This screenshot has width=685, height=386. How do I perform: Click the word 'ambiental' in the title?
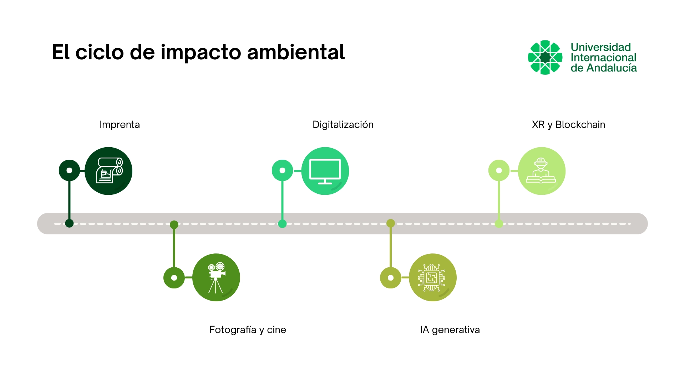point(296,52)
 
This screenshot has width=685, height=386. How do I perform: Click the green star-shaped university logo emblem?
point(545,57)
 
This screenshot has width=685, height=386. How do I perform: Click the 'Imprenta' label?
point(120,125)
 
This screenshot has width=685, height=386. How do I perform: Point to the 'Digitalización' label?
point(343,125)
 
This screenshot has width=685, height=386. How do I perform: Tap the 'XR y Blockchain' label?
point(568,125)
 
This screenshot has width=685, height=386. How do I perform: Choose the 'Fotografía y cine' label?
point(247,330)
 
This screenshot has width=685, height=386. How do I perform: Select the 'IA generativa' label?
point(450,330)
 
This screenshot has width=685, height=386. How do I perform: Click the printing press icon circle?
point(108,171)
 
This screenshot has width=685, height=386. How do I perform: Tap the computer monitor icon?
point(325,171)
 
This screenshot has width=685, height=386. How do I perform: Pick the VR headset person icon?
point(541,171)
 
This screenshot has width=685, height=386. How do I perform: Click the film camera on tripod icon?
point(216,277)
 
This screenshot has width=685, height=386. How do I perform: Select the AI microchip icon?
point(432,277)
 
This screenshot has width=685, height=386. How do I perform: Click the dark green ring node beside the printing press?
point(69,170)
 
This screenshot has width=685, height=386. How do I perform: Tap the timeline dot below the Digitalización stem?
point(282,224)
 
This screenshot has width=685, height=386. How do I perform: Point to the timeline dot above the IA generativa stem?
point(391,223)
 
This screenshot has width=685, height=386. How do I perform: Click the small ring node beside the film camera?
point(174,278)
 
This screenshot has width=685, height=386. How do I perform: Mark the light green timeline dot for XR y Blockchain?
point(499,224)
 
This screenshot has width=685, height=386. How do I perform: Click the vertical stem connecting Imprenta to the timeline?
point(69,200)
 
